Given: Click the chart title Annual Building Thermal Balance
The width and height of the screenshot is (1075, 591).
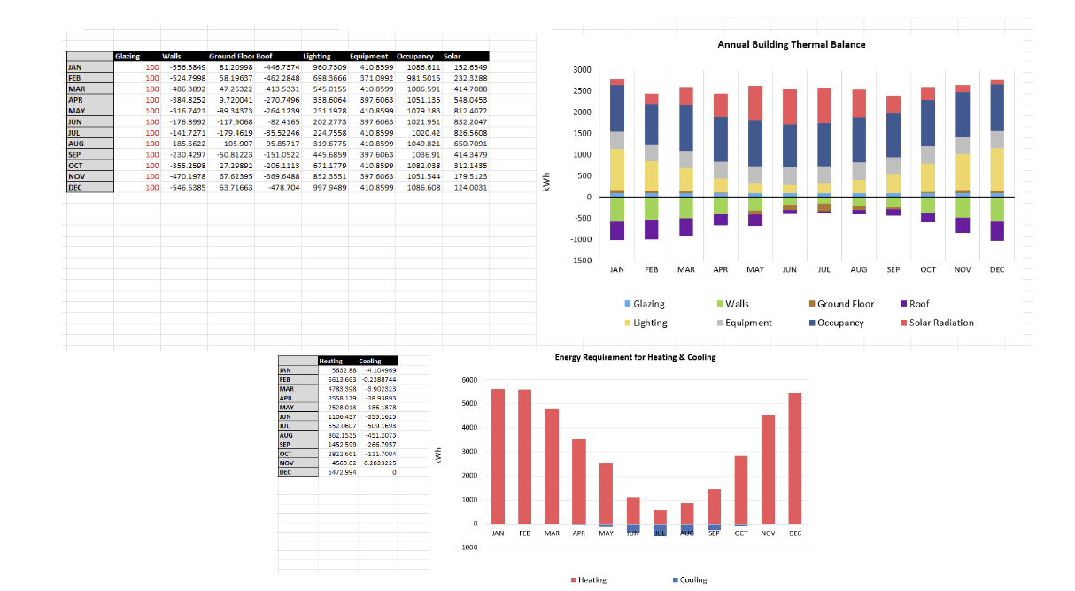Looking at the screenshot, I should pyautogui.click(x=791, y=44).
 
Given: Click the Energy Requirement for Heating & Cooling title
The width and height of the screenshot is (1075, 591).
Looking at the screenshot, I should pyautogui.click(x=635, y=358).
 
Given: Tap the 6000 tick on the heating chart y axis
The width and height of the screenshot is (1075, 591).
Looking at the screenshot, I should pyautogui.click(x=470, y=380).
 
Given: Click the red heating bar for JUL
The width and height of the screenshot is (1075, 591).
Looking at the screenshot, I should pyautogui.click(x=660, y=517).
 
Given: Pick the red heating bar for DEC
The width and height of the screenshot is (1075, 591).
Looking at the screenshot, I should pyautogui.click(x=795, y=458).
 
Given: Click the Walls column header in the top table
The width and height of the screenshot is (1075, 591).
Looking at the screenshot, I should pyautogui.click(x=173, y=57).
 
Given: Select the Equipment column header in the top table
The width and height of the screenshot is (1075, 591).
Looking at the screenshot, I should pyautogui.click(x=368, y=57).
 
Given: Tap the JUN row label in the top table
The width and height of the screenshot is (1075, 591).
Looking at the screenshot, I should pyautogui.click(x=74, y=122).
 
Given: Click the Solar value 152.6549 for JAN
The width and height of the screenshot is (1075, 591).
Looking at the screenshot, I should pyautogui.click(x=470, y=67).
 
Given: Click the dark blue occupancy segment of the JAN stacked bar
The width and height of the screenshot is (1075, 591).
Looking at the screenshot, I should pyautogui.click(x=617, y=108).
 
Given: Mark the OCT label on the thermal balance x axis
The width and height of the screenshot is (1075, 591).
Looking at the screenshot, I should pyautogui.click(x=928, y=269).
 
